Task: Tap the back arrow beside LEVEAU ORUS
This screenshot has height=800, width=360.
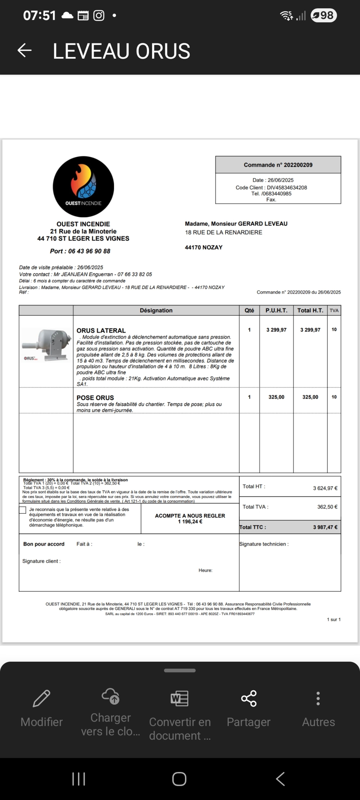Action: (24, 50)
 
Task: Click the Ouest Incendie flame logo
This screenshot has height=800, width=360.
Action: (83, 186)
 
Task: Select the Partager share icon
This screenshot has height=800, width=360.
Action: (249, 698)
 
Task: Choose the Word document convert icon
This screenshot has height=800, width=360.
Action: (179, 698)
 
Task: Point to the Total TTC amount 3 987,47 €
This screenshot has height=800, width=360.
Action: (325, 527)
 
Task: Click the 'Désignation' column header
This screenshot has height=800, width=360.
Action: (156, 310)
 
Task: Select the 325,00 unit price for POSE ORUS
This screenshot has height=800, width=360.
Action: (276, 397)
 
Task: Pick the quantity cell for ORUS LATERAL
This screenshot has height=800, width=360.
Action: (249, 330)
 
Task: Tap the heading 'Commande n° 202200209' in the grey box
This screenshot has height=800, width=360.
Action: (278, 165)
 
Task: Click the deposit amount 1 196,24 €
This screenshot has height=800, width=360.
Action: (190, 522)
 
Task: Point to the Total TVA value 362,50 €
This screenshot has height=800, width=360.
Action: (327, 507)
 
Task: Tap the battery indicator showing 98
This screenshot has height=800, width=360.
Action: (324, 15)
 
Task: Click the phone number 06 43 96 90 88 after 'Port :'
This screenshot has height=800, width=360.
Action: (89, 251)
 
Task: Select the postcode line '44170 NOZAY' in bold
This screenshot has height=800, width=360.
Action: (204, 247)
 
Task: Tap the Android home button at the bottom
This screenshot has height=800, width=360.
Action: (179, 779)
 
